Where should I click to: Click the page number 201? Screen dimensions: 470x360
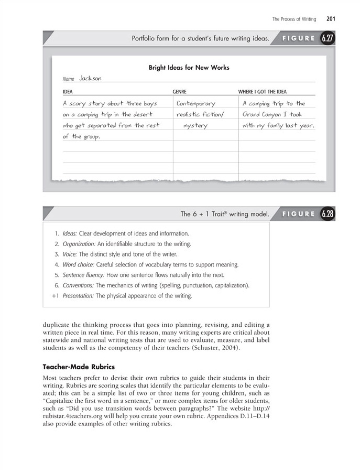pyautogui.click(x=330, y=19)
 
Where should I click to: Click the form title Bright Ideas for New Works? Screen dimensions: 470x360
pyautogui.click(x=189, y=68)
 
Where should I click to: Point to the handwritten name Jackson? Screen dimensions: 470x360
pyautogui.click(x=90, y=79)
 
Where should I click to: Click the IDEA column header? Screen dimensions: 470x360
pyautogui.click(x=67, y=92)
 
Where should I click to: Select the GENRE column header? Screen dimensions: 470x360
pyautogui.click(x=179, y=92)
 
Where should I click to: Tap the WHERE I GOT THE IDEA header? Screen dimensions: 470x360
pyautogui.click(x=263, y=92)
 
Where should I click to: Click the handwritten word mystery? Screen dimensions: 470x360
pyautogui.click(x=195, y=126)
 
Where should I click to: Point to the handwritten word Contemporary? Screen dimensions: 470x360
pyautogui.click(x=196, y=104)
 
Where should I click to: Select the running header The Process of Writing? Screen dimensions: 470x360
pyautogui.click(x=294, y=19)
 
